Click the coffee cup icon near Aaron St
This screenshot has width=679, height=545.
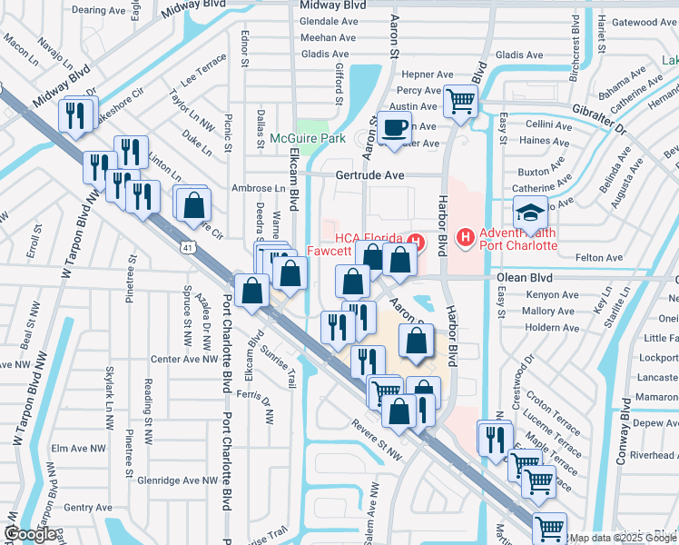(x=394, y=127)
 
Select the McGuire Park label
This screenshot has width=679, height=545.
(x=308, y=139)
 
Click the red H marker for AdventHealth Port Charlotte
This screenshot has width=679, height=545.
(x=466, y=239)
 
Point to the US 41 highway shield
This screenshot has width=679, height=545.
(x=186, y=247)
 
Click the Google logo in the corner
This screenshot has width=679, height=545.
(x=30, y=533)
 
